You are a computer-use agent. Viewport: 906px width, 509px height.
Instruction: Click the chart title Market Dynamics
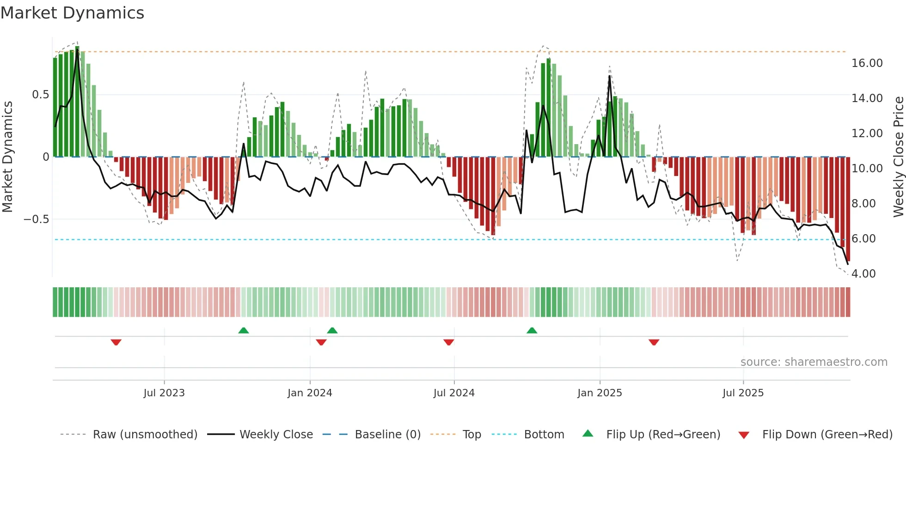point(72,13)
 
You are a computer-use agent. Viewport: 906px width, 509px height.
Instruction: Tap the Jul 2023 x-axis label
point(164,393)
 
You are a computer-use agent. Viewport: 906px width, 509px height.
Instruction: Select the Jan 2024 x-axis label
point(310,393)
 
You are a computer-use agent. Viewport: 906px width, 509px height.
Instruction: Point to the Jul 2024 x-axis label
point(454,393)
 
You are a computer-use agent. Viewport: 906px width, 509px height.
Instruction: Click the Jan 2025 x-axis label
point(600,393)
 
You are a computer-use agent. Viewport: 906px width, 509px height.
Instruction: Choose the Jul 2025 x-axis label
point(743,393)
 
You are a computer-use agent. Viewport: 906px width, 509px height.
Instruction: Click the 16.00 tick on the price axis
point(867,63)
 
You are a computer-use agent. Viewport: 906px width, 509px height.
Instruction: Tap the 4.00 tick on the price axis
point(863,274)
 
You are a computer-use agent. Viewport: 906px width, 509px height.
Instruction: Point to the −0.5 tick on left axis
point(37,219)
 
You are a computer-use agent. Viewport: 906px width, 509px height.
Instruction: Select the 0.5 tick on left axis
point(40,95)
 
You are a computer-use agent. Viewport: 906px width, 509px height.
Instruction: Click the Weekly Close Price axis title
point(898,157)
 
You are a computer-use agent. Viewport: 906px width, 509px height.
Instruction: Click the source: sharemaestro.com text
point(814,362)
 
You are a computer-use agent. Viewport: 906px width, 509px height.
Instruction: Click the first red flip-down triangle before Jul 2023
point(116,342)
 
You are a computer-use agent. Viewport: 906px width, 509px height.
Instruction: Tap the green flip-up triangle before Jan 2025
point(532,330)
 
